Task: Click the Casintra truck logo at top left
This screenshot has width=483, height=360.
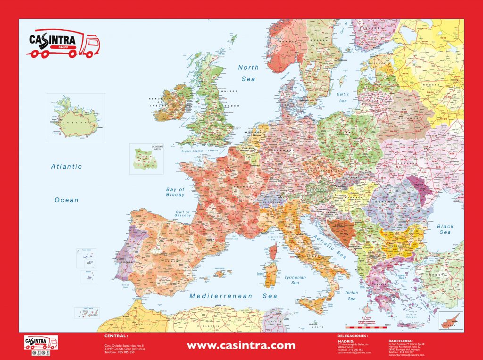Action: pyautogui.click(x=63, y=44)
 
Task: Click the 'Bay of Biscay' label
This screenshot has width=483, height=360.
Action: pyautogui.click(x=175, y=192)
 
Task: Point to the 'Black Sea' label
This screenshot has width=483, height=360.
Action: pyautogui.click(x=445, y=229)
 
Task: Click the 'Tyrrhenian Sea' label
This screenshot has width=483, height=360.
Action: pyautogui.click(x=295, y=280)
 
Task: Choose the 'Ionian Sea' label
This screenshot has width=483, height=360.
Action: pyautogui.click(x=352, y=295)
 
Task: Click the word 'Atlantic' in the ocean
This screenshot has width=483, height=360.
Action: pyautogui.click(x=67, y=166)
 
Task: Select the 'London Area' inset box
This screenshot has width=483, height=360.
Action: pyautogui.click(x=146, y=159)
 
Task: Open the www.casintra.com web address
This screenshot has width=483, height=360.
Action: pyautogui.click(x=241, y=346)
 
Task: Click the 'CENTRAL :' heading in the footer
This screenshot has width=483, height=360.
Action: pyautogui.click(x=116, y=336)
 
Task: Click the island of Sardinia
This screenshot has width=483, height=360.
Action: pyautogui.click(x=270, y=275)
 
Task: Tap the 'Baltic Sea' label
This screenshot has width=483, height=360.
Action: pyautogui.click(x=343, y=98)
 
